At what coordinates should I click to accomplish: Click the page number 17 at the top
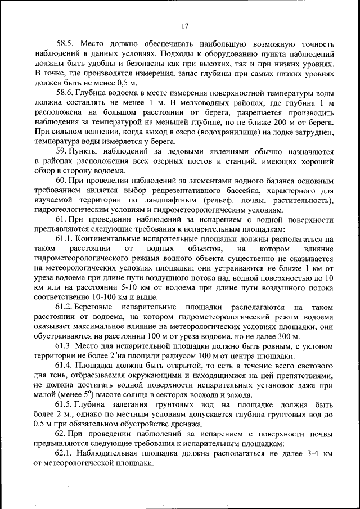184,25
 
